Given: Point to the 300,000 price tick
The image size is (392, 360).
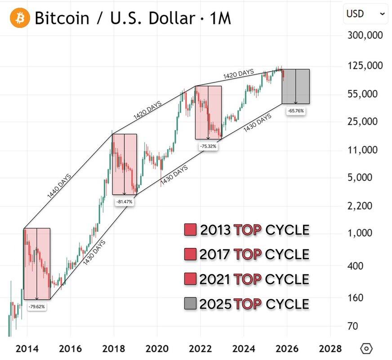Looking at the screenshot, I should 365,35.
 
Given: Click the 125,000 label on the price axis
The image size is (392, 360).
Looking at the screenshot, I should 365,66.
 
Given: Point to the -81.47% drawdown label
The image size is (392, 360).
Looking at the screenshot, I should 124,202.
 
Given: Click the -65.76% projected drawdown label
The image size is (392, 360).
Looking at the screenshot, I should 296,111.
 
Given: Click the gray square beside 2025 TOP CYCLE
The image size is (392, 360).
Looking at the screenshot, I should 190,304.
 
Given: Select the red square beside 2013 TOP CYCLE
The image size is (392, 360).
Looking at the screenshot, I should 190,230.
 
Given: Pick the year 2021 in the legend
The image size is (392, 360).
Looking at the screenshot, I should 215,279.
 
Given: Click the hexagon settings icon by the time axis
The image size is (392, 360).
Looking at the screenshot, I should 367,348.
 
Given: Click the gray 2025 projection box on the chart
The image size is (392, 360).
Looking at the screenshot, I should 296,86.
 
